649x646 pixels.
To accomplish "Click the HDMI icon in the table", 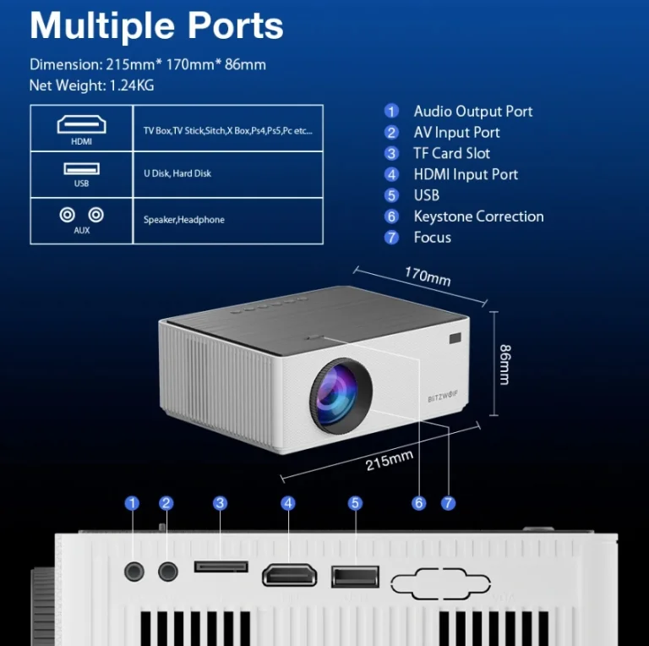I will click(81, 124).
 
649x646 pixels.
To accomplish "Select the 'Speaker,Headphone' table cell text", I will click(183, 220).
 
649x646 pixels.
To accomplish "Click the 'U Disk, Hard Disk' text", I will click(177, 173).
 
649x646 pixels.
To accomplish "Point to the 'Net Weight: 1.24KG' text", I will click(91, 85).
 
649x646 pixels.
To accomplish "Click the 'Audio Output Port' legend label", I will click(472, 112).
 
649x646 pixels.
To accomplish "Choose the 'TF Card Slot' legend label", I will click(451, 153).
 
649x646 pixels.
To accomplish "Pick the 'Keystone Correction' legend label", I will click(478, 216).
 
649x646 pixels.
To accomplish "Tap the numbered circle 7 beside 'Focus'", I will click(391, 238).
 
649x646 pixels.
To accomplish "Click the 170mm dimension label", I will click(428, 276).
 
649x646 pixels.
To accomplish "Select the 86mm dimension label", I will click(504, 364).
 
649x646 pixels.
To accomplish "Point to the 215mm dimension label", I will click(390, 462).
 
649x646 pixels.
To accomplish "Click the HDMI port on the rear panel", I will click(289, 576).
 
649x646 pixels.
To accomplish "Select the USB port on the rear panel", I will click(355, 577).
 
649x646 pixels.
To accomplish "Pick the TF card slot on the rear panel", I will click(221, 566).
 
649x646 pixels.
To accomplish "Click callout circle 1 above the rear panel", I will click(132, 503).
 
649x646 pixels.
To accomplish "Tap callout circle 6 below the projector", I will click(419, 503).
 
